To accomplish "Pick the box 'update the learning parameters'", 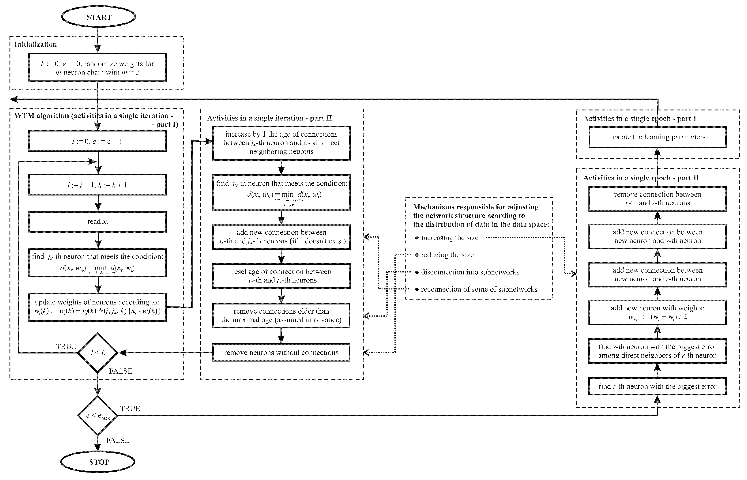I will (657, 137).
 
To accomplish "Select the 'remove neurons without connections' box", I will (281, 353).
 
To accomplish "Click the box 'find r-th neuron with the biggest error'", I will (657, 387).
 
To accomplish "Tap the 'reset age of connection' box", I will (281, 276).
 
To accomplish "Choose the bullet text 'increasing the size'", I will (449, 238).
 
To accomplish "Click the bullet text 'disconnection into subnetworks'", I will (470, 272).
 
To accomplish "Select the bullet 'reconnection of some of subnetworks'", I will (479, 289).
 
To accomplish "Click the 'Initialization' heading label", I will (35, 44).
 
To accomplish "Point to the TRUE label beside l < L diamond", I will (66, 347).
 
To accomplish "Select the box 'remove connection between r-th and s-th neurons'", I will (657, 199).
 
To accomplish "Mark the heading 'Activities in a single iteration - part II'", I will (269, 118).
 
